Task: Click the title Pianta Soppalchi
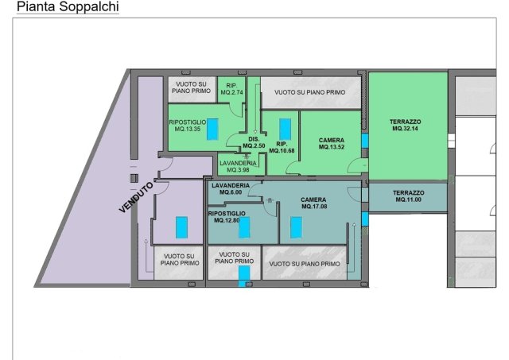[68, 7]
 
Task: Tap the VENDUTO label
[136, 198]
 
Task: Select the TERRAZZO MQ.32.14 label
[405, 126]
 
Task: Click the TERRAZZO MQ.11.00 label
[408, 196]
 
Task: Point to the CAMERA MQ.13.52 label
[332, 144]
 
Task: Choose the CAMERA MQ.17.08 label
[313, 203]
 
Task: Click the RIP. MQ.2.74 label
[231, 89]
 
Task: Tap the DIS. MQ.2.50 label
[254, 142]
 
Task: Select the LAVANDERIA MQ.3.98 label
[238, 166]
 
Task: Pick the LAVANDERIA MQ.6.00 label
[231, 189]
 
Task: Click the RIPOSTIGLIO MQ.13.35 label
[188, 126]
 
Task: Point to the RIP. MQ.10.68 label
[282, 147]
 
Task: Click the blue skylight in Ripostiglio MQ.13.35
[212, 129]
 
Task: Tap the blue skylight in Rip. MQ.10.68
[285, 129]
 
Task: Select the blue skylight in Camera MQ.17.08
[296, 227]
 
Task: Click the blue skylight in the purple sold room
[182, 227]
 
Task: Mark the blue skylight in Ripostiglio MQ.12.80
[244, 227]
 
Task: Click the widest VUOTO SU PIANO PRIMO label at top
[309, 92]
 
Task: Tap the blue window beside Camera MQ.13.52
[364, 141]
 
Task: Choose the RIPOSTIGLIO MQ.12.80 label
[227, 217]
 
